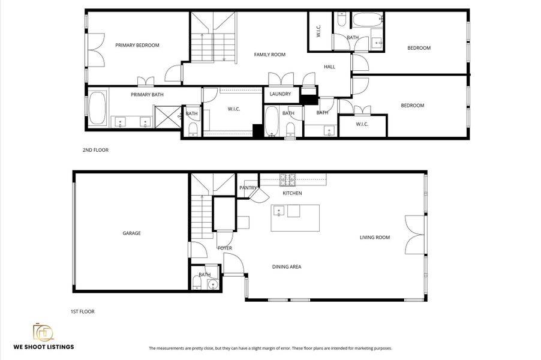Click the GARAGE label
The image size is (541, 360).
tap(131, 233)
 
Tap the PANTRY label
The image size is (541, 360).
tap(248, 188)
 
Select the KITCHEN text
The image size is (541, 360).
tap(292, 193)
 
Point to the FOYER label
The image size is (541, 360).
tap(224, 248)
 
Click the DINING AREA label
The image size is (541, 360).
tap(286, 267)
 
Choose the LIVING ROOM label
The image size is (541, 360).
tap(374, 238)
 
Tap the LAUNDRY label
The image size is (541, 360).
tap(280, 94)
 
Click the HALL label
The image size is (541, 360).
tap(329, 67)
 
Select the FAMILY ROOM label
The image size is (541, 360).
tap(269, 55)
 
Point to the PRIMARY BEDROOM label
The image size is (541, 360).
tap(137, 45)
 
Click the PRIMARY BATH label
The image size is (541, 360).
tap(147, 94)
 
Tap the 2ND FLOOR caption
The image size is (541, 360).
tap(95, 150)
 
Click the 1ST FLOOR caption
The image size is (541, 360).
tap(82, 311)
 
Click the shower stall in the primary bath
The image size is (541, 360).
tap(167, 116)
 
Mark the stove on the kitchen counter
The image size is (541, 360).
tap(287, 178)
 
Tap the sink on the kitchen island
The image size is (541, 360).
tap(279, 211)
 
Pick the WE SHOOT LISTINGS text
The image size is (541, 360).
tap(44, 347)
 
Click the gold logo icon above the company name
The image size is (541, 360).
tap(43, 331)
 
